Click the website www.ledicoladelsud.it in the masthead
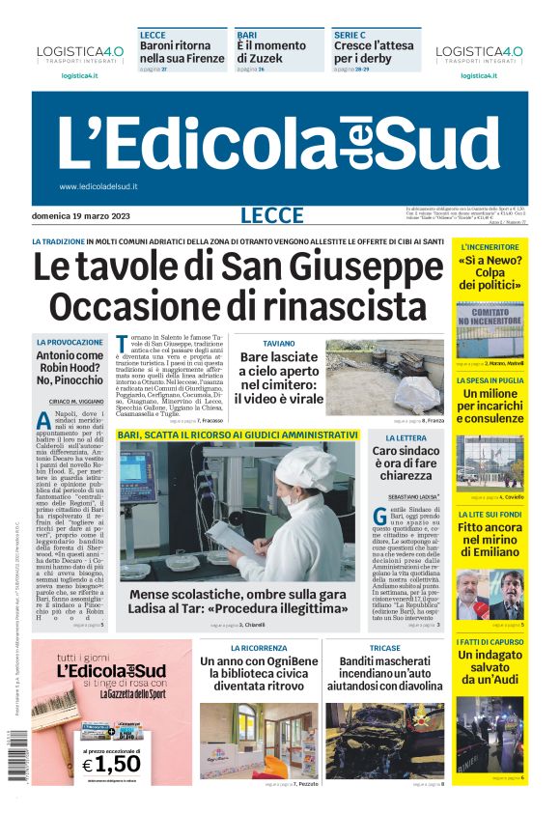pyautogui.click(x=98, y=186)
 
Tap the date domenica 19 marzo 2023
pyautogui.click(x=81, y=215)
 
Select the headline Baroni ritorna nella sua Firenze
pyautogui.click(x=182, y=51)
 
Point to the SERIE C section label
pyautogui.click(x=349, y=34)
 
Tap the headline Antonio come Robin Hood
pyautogui.click(x=70, y=368)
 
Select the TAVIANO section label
pyautogui.click(x=279, y=343)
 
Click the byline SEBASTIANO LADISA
pyautogui.click(x=405, y=496)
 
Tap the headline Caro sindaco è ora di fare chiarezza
pyautogui.click(x=405, y=463)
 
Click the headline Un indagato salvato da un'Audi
pyautogui.click(x=490, y=668)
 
